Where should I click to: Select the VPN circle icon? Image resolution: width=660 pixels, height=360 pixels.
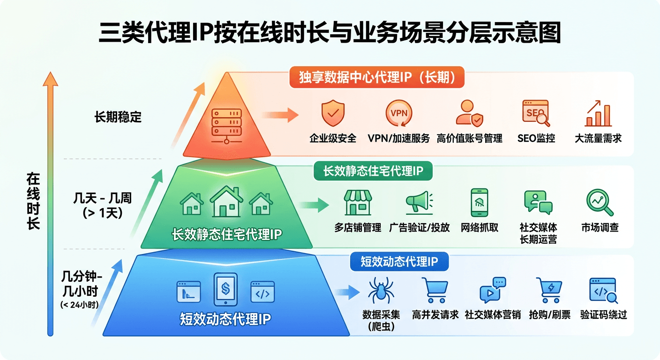tap(398, 113)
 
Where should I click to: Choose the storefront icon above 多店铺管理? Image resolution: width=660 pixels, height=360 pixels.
tap(358, 202)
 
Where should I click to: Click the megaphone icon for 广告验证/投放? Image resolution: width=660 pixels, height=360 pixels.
tap(419, 202)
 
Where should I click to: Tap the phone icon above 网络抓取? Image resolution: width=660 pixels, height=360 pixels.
tap(480, 202)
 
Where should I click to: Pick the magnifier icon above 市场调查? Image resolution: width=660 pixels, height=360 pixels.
tap(600, 202)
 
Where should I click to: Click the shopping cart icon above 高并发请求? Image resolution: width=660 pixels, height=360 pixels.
tap(435, 291)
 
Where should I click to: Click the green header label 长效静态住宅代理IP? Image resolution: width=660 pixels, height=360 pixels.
tap(373, 171)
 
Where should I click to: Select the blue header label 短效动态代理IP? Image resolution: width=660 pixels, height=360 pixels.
tap(399, 262)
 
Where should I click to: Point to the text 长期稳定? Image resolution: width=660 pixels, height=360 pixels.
tap(118, 117)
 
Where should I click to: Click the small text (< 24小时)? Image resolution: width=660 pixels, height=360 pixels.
tap(79, 305)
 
